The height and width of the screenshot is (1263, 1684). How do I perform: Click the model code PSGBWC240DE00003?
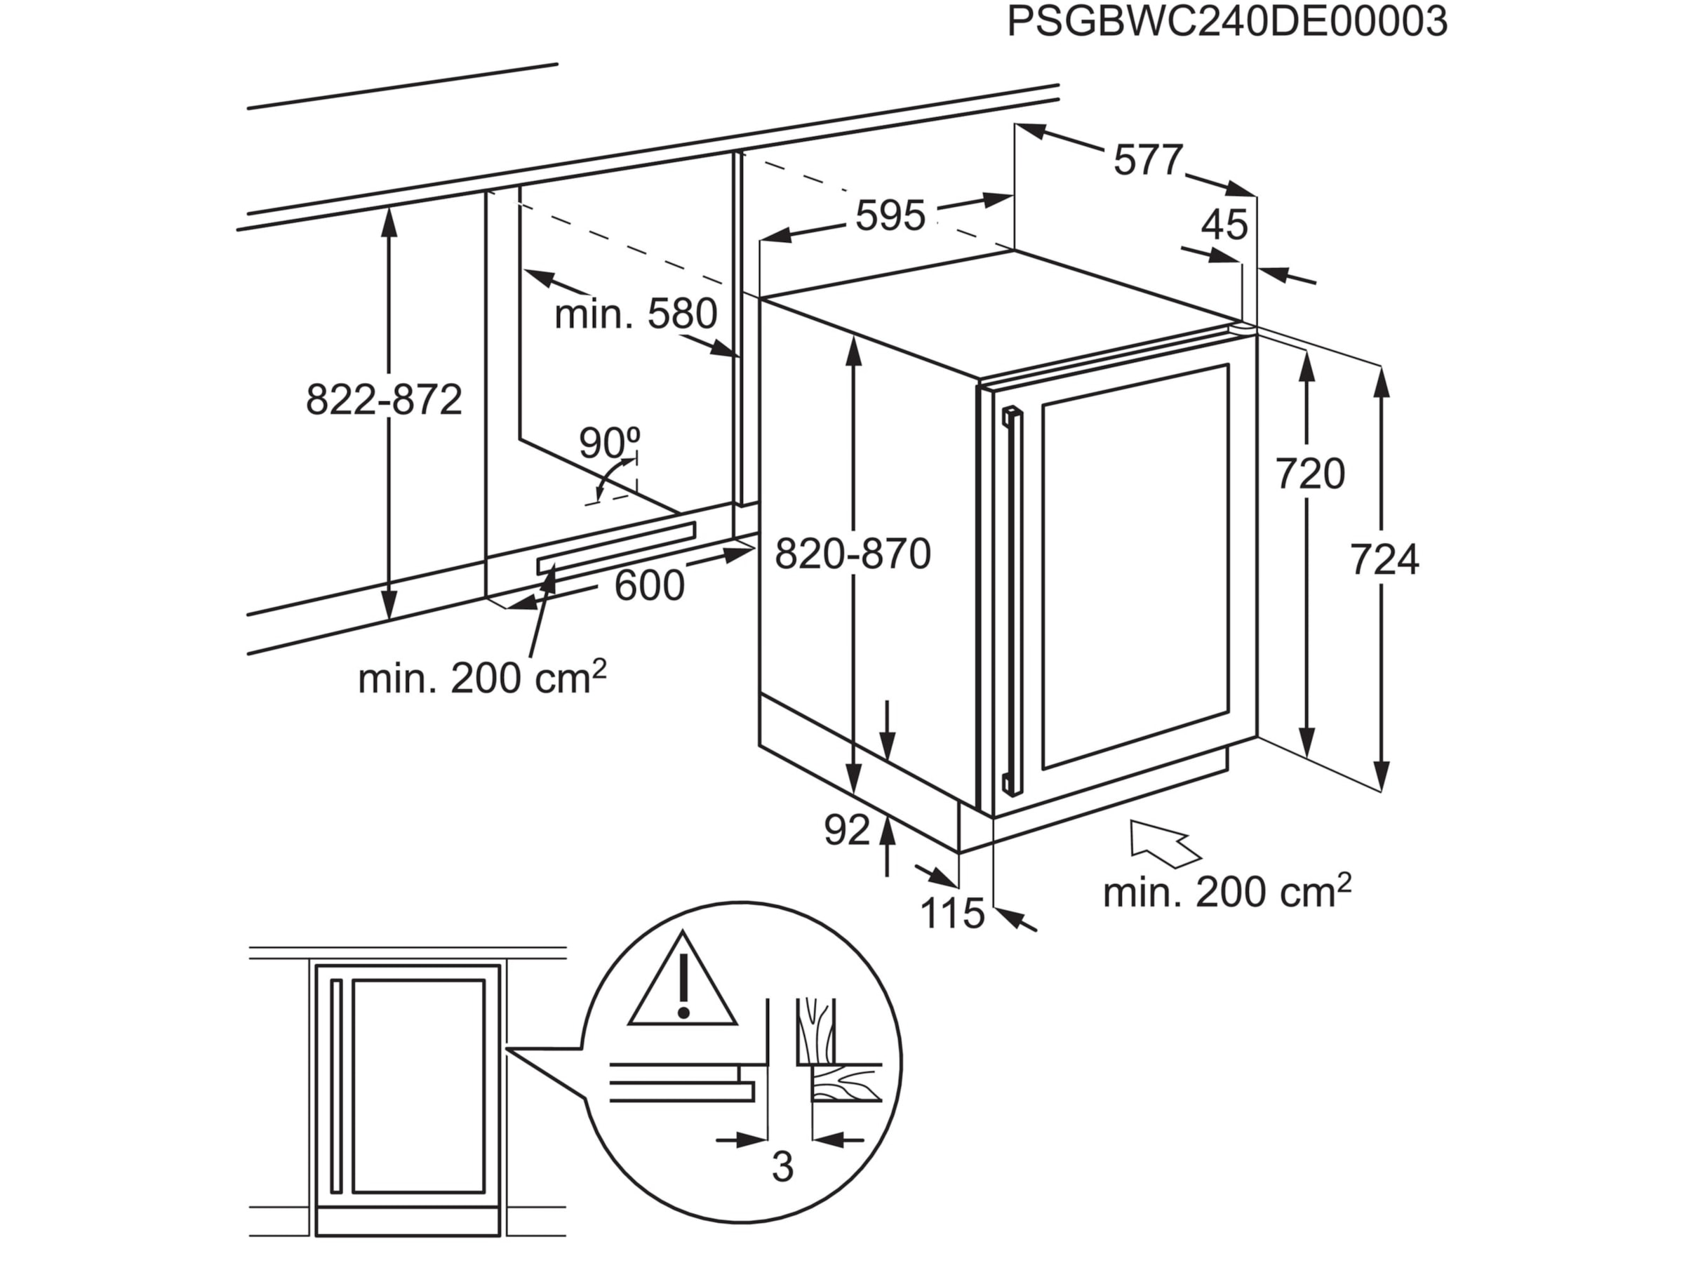(x=1227, y=21)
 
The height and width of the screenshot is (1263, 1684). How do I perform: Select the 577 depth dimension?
(x=1147, y=160)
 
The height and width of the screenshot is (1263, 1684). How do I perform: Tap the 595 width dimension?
(x=890, y=215)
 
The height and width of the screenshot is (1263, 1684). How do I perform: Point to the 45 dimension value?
(x=1224, y=225)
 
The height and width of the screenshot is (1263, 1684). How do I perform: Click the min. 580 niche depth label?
(x=636, y=314)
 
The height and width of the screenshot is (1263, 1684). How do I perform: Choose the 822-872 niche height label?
(x=384, y=399)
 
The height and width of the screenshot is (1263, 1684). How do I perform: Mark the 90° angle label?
(x=609, y=442)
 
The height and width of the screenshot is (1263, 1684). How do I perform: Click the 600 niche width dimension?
(x=648, y=585)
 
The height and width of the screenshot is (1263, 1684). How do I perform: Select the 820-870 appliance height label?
(x=853, y=554)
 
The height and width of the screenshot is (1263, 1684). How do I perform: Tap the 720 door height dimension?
(x=1310, y=474)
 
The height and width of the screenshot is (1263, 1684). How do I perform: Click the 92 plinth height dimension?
(x=847, y=830)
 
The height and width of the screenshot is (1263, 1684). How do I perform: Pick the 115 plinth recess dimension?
(x=952, y=913)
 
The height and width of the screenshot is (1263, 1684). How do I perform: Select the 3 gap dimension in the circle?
(x=782, y=1165)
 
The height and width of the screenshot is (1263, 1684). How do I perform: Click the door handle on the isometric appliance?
(x=1013, y=601)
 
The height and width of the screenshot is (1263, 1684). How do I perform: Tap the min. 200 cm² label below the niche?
(x=482, y=678)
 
